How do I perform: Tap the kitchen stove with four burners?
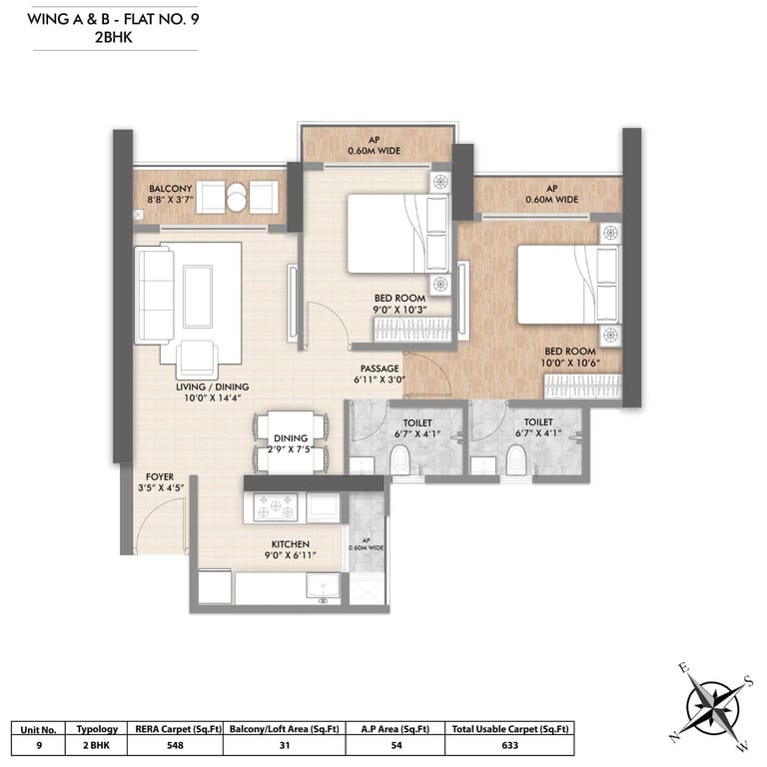point(276,506)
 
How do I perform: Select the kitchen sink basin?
point(323,585)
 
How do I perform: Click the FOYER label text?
point(160,476)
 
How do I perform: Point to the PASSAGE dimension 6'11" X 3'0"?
point(380,380)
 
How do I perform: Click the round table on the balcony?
point(237,197)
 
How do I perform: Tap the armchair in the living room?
point(197,358)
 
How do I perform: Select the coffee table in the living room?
point(198,297)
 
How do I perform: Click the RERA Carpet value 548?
point(175,745)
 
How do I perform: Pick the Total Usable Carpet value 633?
point(509,745)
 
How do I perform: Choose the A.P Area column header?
point(395,729)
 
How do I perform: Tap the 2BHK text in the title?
point(114,37)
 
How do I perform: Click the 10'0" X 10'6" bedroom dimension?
point(570,363)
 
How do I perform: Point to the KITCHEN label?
point(290,544)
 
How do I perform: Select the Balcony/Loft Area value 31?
point(285,745)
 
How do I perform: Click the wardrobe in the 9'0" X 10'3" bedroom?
point(412,330)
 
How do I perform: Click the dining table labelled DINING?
point(291,442)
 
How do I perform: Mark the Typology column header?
point(97,729)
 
